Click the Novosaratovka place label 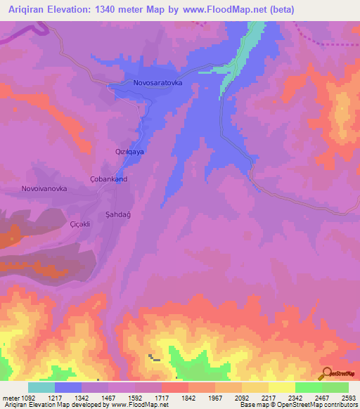pyautogui.click(x=158, y=83)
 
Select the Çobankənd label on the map pyautogui.click(x=109, y=179)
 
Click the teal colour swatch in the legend pyautogui.click(x=41, y=387)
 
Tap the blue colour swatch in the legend pyautogui.click(x=68, y=387)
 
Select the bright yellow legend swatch pyautogui.click(x=282, y=387)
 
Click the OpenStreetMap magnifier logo pyautogui.click(x=325, y=372)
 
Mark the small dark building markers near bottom pyautogui.click(x=153, y=358)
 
